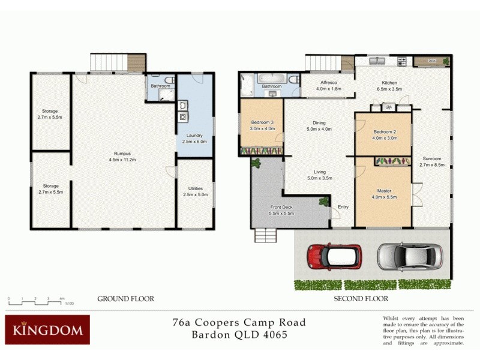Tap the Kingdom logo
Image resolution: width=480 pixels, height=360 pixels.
(47, 330)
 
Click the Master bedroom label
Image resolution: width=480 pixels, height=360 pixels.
(384, 191)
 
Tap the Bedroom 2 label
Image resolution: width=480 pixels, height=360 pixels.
(384, 131)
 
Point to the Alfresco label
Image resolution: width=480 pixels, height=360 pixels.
(327, 83)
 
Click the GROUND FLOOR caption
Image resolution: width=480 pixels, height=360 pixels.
(125, 298)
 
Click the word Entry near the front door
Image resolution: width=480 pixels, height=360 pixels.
(343, 208)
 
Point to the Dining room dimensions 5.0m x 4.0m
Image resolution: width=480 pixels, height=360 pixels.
(319, 128)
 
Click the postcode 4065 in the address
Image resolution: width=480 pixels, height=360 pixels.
(273, 335)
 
